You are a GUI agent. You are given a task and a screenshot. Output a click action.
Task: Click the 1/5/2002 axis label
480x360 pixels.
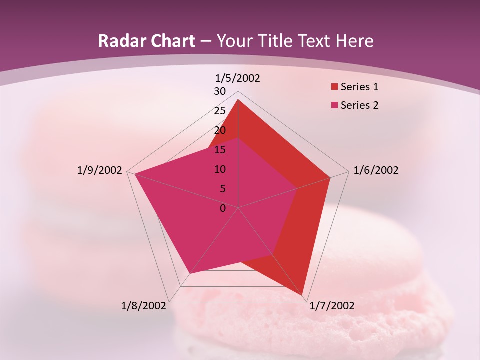238,78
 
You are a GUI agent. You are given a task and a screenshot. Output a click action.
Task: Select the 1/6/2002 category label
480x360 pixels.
376,170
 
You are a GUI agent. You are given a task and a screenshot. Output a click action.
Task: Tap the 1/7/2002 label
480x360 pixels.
332,306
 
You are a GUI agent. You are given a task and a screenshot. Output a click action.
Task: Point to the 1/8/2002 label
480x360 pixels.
143,306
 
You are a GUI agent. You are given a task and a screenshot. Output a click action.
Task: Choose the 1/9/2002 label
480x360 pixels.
99,170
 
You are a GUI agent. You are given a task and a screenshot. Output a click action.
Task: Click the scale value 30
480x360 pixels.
220,91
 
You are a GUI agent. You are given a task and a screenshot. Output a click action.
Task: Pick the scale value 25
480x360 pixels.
220,111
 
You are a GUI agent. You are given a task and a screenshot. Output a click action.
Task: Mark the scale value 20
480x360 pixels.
220,130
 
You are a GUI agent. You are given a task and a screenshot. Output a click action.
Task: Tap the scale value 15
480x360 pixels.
220,150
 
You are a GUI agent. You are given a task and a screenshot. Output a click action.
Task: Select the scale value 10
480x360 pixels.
220,169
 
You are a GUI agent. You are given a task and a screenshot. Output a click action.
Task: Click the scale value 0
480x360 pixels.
223,208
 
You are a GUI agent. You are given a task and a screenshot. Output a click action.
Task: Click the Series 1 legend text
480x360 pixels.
359,87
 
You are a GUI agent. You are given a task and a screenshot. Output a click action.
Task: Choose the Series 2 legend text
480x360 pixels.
359,105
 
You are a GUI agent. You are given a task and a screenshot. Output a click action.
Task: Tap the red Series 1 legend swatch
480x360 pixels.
334,87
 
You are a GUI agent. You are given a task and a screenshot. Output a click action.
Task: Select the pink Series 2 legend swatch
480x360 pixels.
334,105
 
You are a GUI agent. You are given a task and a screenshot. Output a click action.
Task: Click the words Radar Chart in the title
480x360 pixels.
146,41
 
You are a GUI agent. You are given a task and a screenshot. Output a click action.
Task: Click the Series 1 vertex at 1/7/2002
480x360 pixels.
302,295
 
